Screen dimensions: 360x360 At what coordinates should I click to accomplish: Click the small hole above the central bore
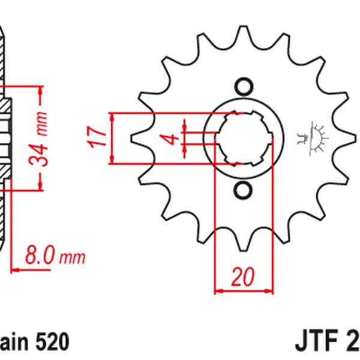click(243, 86)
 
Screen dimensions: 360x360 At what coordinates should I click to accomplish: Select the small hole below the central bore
click(243, 191)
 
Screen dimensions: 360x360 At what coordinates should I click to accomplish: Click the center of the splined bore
click(243, 139)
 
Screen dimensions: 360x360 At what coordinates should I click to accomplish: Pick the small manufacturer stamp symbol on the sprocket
click(312, 139)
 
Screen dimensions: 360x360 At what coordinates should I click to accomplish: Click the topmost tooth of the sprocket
click(243, 31)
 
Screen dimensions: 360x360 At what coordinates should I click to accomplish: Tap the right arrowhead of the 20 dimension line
click(269, 292)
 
